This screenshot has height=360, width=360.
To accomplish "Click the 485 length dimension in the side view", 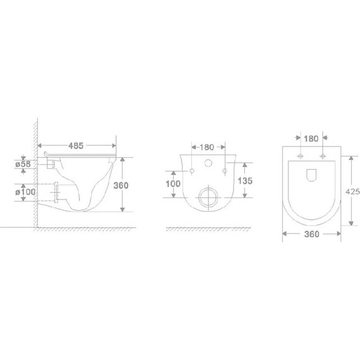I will coord(76,145).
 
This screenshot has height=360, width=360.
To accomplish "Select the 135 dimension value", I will coord(245,181).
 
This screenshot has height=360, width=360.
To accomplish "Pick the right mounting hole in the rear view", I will coord(225,171).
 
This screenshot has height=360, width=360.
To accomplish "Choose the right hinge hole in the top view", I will coord(324,156).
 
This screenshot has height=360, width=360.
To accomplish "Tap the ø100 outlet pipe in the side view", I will coord(56,191).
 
